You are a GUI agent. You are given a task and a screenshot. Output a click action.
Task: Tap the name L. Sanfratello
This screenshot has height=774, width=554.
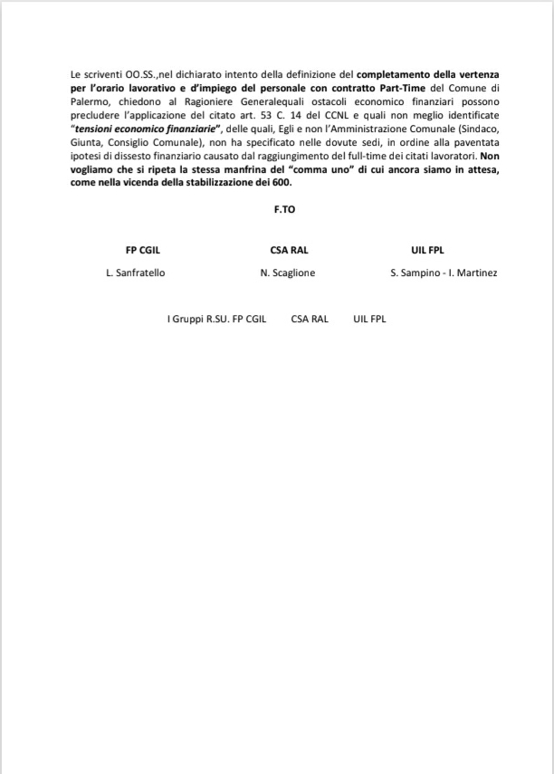pos(136,272)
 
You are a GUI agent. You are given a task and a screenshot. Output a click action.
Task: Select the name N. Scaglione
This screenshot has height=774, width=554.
pos(287,272)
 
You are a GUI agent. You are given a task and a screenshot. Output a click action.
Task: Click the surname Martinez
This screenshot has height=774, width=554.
pos(478,272)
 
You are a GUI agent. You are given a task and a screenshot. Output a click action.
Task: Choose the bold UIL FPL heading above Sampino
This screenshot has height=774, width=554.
pos(427,250)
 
